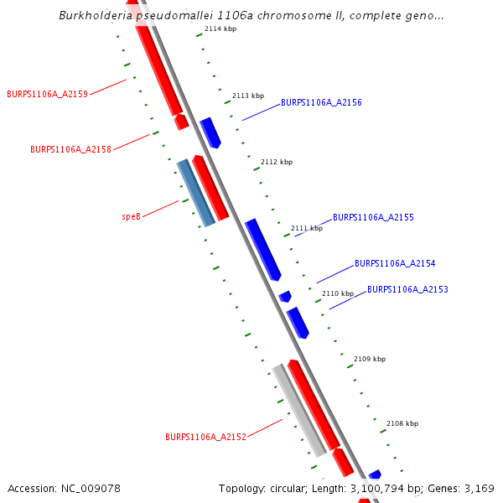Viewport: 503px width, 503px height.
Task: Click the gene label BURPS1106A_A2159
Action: (x=47, y=94)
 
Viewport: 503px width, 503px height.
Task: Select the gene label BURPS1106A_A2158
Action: (x=70, y=149)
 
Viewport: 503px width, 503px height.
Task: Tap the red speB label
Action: (x=131, y=216)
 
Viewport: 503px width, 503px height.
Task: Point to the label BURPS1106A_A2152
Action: (x=205, y=437)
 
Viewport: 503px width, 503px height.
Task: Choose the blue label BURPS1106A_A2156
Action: (x=321, y=102)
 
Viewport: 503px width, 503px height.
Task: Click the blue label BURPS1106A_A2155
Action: (x=373, y=217)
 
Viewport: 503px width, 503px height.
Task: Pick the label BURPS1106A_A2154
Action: (x=395, y=263)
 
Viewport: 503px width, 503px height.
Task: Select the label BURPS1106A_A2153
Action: (x=407, y=289)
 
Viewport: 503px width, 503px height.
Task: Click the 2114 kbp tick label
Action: (x=220, y=29)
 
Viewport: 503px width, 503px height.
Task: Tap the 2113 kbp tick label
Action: (x=248, y=96)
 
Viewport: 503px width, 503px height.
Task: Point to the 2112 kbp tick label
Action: (x=277, y=162)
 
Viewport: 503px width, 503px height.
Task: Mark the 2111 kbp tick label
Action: (x=306, y=228)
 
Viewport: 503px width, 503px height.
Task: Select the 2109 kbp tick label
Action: (x=370, y=359)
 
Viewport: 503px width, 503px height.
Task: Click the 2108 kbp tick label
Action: (x=402, y=423)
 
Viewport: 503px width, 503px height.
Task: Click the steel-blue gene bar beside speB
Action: (x=195, y=193)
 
